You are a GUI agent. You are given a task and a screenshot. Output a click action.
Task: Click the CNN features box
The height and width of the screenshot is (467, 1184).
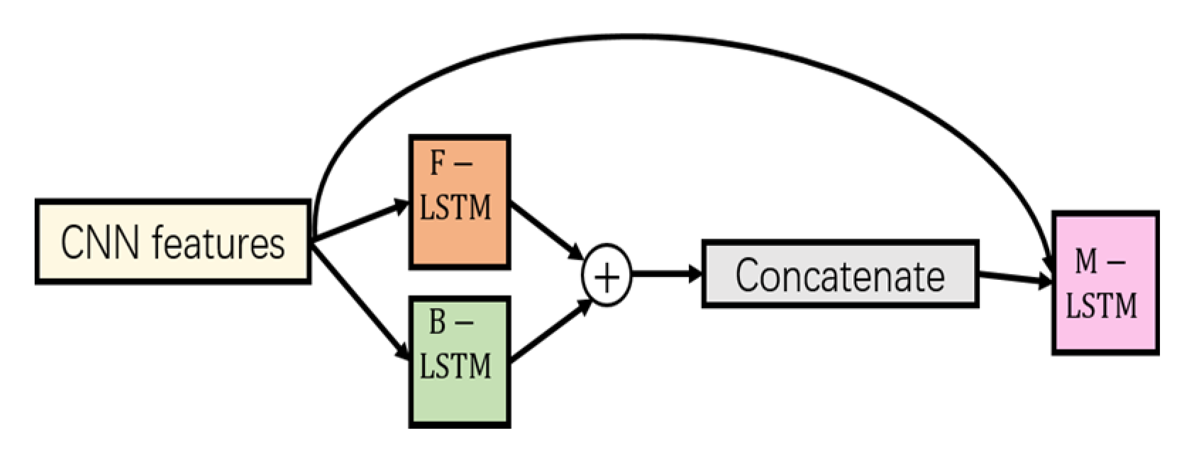coord(172,242)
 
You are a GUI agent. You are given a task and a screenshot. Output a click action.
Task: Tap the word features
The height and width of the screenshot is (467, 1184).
coord(218,242)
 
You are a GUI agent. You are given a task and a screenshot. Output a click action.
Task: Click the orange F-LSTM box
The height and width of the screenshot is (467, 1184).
coord(459,202)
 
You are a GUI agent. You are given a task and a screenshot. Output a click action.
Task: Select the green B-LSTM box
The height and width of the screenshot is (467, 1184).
coord(459,361)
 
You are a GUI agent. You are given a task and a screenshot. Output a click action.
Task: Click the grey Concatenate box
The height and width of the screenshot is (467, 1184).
coord(840,275)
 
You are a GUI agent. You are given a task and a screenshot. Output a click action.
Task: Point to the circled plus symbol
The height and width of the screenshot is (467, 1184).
coord(607,275)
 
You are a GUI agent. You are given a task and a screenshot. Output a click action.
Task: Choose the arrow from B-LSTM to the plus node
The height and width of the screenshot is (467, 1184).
coord(548,332)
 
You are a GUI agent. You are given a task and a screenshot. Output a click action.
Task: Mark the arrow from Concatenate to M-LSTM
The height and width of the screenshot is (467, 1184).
coord(1014,278)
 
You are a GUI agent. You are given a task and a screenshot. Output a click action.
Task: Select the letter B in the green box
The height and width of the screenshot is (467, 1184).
coord(438,322)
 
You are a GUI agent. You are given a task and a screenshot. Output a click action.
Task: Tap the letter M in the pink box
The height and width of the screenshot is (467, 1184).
coord(1086,261)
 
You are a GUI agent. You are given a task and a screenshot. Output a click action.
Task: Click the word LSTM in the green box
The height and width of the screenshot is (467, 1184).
coord(455,366)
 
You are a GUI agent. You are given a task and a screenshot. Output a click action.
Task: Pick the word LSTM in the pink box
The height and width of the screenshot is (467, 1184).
coord(1101,306)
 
